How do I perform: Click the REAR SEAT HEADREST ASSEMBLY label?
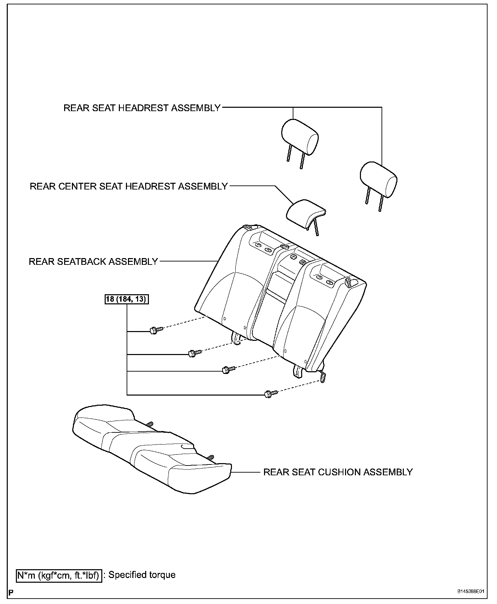coord(142,108)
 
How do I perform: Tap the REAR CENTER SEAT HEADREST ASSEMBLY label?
coord(129,186)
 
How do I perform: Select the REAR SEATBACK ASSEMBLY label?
coord(93,261)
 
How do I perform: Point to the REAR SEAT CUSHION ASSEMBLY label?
coord(338,472)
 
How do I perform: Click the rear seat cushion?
coord(152,453)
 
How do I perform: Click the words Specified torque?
coord(142,575)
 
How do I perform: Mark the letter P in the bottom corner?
coord(11,593)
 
